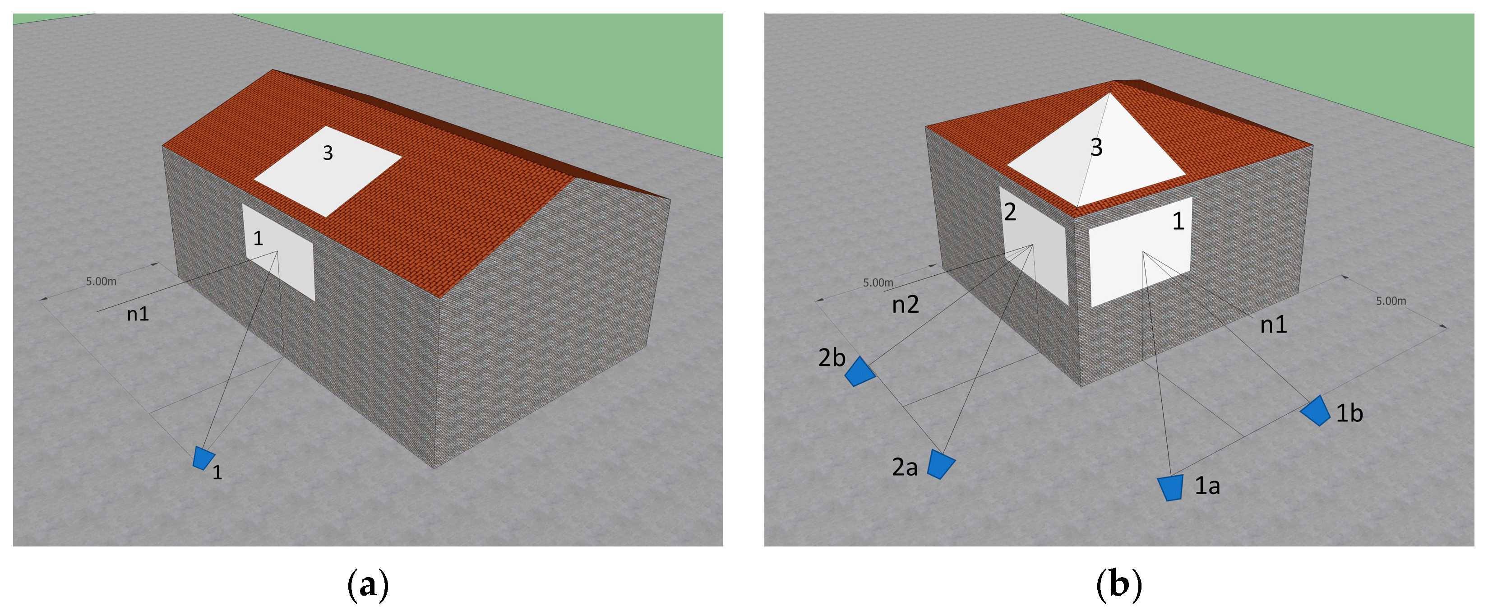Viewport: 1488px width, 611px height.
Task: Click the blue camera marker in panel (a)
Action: coord(203,458)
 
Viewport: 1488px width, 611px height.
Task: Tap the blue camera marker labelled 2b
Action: coord(860,372)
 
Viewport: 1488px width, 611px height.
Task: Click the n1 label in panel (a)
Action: coord(138,314)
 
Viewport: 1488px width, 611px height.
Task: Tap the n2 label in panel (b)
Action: coord(905,304)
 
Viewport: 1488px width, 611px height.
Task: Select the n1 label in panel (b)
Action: coord(1274,325)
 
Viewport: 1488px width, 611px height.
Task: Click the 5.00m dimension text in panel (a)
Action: coord(101,282)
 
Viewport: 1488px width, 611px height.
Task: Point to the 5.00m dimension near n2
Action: coord(878,283)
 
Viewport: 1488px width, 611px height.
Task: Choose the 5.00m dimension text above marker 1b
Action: coord(1391,301)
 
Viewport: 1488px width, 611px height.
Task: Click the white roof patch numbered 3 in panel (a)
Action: coord(328,171)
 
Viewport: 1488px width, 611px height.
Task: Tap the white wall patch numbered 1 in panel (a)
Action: coord(278,252)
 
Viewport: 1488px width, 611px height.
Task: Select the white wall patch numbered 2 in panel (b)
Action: coord(1035,245)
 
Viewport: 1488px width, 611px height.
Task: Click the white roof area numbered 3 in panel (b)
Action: coord(1096,151)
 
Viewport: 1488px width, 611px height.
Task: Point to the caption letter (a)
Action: coord(367,585)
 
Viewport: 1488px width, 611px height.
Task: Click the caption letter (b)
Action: coord(1119,585)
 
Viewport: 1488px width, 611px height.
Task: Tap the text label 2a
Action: coord(905,467)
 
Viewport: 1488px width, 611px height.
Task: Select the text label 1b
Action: coord(1349,413)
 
